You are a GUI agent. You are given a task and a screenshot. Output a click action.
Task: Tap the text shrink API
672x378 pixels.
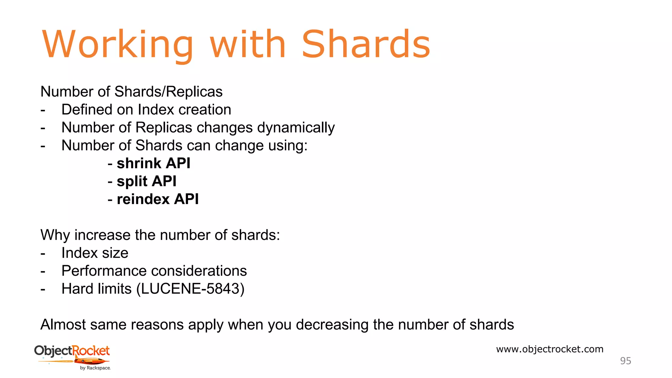pos(153,163)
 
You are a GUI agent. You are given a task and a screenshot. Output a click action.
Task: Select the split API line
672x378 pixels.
pos(146,181)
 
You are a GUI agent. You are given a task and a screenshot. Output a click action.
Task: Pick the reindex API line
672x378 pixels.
pos(157,199)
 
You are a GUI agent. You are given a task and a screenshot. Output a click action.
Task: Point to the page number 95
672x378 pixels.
pos(625,361)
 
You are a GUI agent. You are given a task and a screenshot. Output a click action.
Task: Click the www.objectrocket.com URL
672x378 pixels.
pos(550,349)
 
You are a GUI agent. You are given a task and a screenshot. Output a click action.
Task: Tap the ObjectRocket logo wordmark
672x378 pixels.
pos(72,351)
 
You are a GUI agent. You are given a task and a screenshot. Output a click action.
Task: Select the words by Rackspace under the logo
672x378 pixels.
pos(95,368)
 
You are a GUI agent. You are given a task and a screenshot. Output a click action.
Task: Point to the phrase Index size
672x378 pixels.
pos(95,253)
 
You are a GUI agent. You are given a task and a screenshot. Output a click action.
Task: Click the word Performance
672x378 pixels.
pos(104,271)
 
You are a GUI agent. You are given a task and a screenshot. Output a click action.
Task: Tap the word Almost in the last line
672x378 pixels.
pos(63,325)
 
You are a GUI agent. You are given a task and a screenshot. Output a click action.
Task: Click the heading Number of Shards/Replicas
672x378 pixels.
pos(131,92)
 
